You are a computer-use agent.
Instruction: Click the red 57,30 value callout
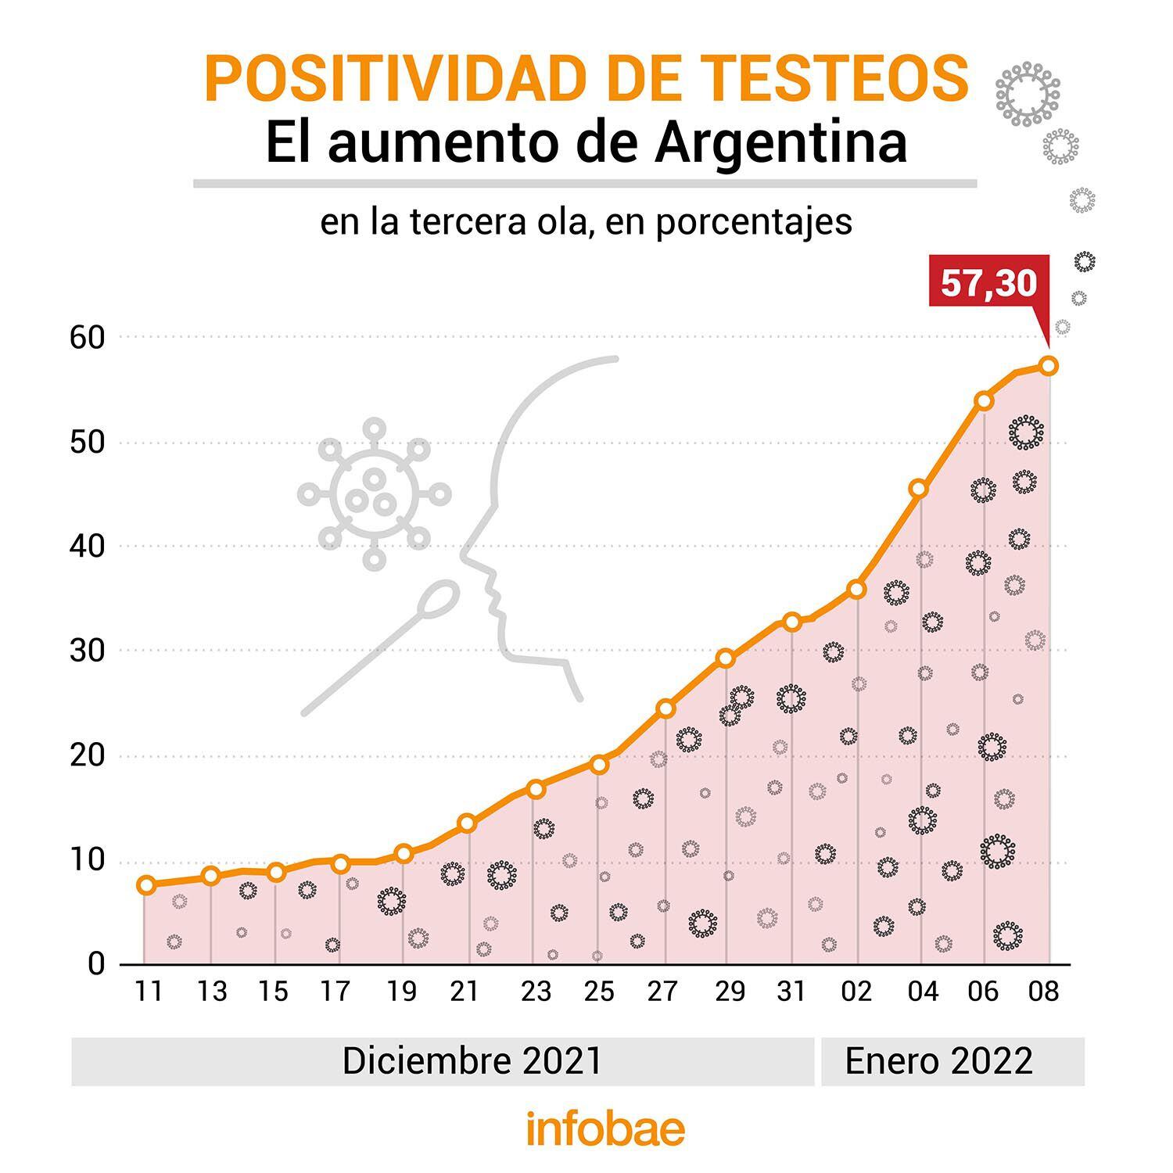click(988, 283)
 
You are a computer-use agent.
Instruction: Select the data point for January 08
click(1049, 365)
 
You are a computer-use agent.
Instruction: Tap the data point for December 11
click(145, 885)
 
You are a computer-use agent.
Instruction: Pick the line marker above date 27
click(665, 708)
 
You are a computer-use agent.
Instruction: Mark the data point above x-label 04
click(919, 489)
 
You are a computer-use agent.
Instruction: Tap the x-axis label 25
click(599, 992)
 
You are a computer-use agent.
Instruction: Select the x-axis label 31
click(791, 992)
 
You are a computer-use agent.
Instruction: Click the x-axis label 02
click(856, 992)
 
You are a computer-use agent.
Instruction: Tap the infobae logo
click(605, 1129)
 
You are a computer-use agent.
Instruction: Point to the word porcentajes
click(754, 222)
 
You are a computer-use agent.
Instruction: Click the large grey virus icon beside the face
click(375, 494)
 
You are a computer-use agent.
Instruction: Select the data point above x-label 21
click(467, 823)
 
